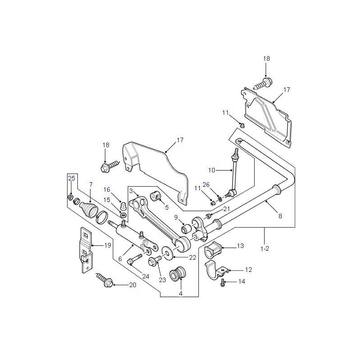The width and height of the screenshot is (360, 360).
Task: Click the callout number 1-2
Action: [265, 249]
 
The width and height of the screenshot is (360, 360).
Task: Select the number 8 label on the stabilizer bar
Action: [280, 216]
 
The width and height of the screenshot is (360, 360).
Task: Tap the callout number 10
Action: [211, 170]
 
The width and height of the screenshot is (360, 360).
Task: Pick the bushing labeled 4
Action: [177, 274]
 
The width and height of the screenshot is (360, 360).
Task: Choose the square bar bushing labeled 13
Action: [212, 249]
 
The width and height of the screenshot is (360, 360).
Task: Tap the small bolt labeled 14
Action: [222, 283]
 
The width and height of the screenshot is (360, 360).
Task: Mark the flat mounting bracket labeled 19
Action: [86, 250]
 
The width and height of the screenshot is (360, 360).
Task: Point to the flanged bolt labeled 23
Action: [155, 261]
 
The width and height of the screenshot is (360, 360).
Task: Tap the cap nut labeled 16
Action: [123, 204]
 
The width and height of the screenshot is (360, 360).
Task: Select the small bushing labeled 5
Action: [155, 196]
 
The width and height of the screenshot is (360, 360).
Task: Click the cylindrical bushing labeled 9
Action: [186, 229]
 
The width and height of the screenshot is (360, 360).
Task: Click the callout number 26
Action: [206, 184]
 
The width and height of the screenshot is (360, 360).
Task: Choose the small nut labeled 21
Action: [208, 216]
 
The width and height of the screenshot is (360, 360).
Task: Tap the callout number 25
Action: [72, 178]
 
